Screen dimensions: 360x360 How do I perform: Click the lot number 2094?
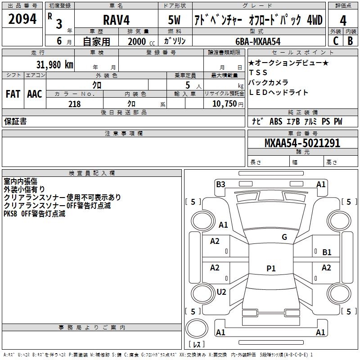(22, 19)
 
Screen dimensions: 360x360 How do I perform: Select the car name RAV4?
(116, 20)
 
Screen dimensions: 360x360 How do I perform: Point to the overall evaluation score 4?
(343, 20)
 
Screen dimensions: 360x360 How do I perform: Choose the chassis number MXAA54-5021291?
(302, 144)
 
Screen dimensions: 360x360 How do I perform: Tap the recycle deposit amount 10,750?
(222, 104)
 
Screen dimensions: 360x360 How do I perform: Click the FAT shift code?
(13, 94)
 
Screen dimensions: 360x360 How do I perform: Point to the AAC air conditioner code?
(34, 94)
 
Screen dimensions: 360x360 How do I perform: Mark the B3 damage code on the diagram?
(220, 184)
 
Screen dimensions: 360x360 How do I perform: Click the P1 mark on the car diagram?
(271, 269)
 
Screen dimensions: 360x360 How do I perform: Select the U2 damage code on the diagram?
(221, 292)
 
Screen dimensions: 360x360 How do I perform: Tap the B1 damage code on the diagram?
(327, 252)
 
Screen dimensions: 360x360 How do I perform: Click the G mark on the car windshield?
(284, 237)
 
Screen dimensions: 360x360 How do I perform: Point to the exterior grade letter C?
(335, 41)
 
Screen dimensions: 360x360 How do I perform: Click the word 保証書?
(15, 121)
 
